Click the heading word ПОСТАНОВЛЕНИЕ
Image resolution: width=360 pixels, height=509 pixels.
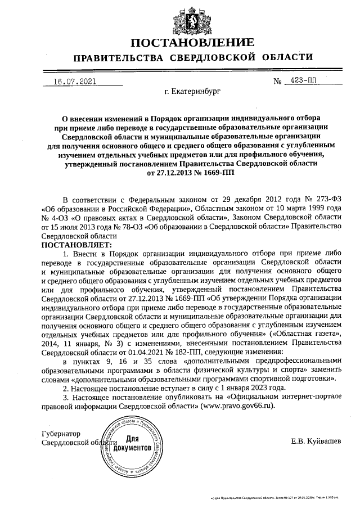click(x=192, y=42)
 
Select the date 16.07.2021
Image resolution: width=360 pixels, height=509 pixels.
click(x=74, y=81)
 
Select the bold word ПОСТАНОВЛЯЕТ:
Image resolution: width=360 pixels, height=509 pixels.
click(x=76, y=245)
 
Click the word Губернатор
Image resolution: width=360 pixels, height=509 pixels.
click(x=62, y=434)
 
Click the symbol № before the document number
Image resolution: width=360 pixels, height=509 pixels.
click(x=277, y=82)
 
